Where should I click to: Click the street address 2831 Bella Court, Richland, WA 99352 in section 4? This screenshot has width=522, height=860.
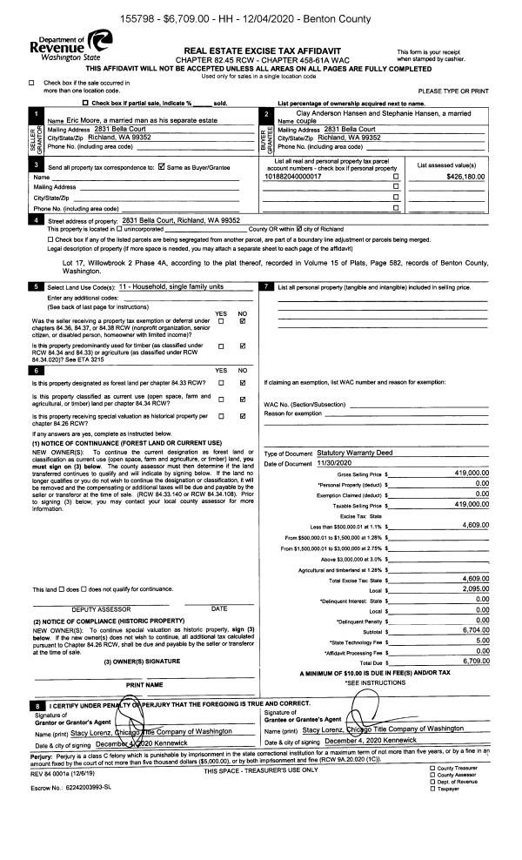pyautogui.click(x=181, y=221)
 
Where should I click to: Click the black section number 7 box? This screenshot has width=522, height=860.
pyautogui.click(x=268, y=286)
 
